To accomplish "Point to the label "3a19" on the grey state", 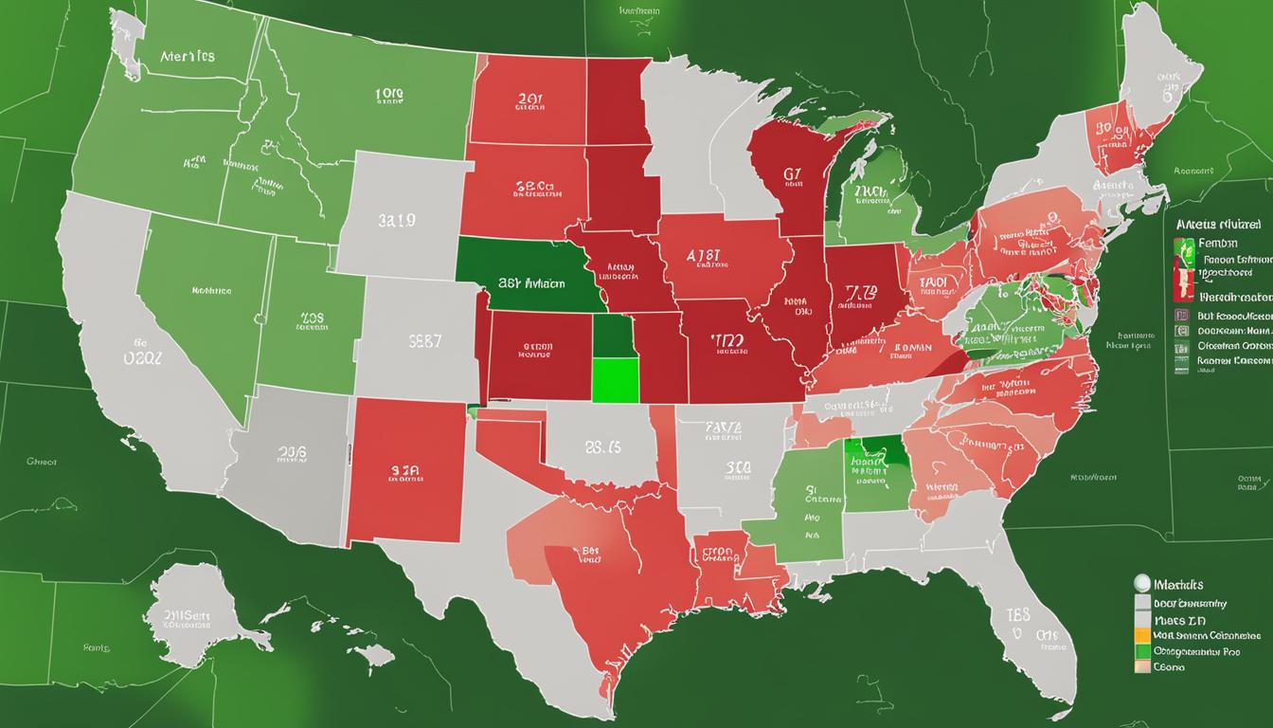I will coord(397,220).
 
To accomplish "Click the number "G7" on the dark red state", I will coord(793,174).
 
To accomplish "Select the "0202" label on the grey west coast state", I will coord(143,357).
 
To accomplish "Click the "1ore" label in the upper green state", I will coord(388,95).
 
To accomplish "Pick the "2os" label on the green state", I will coord(312,319).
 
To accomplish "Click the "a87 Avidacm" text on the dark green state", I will coord(530,282).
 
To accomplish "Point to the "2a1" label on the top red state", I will coord(529,98).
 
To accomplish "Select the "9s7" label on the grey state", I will coord(424,340).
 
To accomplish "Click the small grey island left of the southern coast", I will coord(375,654).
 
